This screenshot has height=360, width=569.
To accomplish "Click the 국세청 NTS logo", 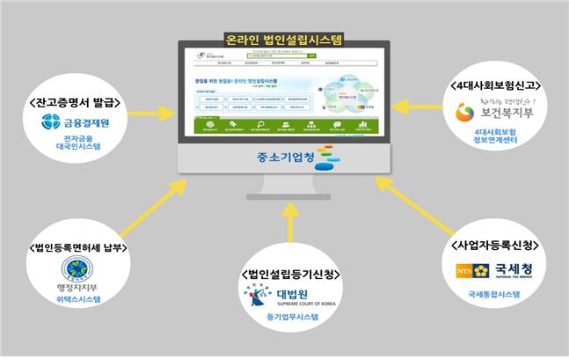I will pyautogui.click(x=485, y=268).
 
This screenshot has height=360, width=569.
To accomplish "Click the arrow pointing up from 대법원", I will pyautogui.click(x=288, y=235).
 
